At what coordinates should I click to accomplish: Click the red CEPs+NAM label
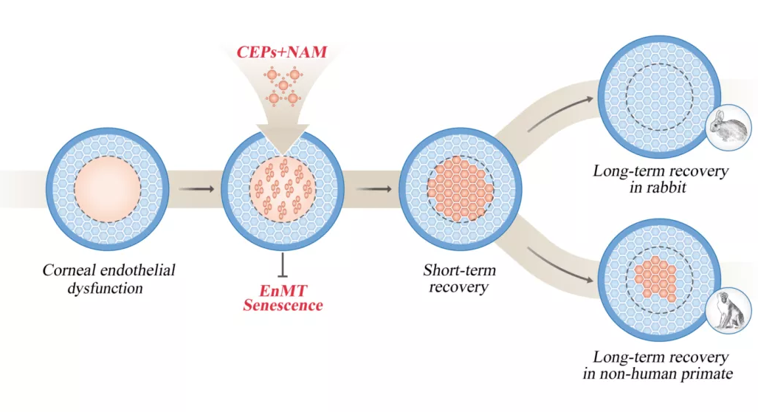(282, 54)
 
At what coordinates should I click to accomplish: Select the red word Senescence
(283, 304)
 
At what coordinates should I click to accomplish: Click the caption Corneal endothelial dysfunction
(108, 278)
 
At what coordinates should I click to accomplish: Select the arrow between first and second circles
(196, 189)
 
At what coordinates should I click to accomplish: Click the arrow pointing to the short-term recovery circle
(374, 189)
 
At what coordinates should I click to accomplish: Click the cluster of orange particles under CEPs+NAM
(283, 86)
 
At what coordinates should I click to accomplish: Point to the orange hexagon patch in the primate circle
(657, 280)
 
